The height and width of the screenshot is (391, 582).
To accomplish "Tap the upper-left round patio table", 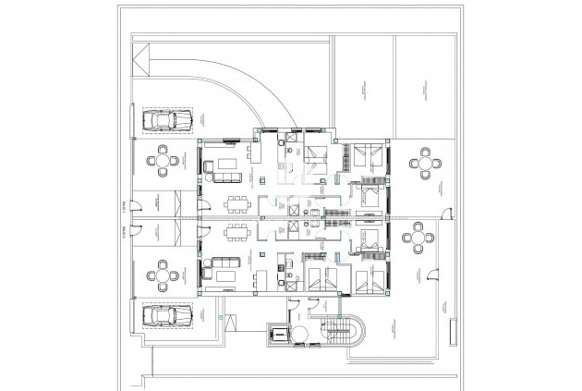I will [164, 160].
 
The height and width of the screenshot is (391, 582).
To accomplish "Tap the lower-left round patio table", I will [164, 275].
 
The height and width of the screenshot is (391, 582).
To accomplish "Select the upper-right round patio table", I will [424, 163].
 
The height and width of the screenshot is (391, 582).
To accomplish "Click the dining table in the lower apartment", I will [238, 232].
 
